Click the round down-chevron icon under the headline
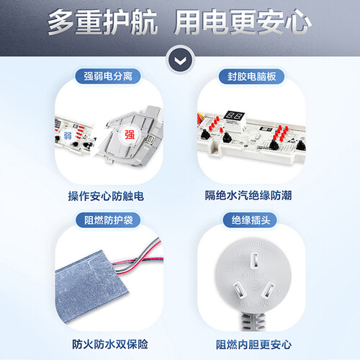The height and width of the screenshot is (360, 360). [180, 60]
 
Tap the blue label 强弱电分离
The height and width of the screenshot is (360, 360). [108, 76]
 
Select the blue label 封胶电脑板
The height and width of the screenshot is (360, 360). [251, 76]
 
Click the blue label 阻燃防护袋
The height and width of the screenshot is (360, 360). [108, 220]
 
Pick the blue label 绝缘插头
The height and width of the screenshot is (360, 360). [251, 220]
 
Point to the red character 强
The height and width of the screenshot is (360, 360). [130, 135]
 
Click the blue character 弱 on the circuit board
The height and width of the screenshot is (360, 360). [68, 135]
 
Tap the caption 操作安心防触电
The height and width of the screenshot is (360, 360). [106, 196]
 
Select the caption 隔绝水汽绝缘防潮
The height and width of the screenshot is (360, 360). [248, 195]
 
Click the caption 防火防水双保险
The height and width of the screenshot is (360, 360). [110, 344]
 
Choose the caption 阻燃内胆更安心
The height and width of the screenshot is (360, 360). [253, 345]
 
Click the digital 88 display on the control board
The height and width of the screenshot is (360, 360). [234, 117]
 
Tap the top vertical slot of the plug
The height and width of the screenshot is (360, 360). [255, 261]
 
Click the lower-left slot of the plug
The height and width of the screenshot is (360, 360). [239, 289]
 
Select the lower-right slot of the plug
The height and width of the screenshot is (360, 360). [269, 290]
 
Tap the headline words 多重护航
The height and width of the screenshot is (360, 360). [102, 22]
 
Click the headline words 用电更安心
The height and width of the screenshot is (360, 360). [243, 22]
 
